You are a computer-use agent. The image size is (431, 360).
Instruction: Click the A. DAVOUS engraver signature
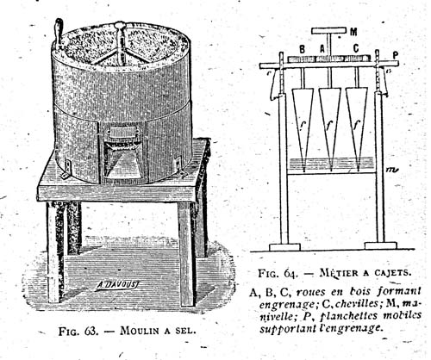coord(116,285)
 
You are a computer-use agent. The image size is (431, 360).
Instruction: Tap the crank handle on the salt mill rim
coord(59,33)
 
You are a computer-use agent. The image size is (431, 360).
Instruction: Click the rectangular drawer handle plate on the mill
coord(124,133)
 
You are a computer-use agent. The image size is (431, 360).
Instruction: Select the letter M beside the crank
coord(354,32)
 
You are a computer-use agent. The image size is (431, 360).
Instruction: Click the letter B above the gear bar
coord(303,50)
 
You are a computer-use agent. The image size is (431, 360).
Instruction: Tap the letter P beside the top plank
coord(396,56)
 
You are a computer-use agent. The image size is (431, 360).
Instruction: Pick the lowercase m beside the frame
coord(391,170)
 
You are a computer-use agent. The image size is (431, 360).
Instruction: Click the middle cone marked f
coord(330,127)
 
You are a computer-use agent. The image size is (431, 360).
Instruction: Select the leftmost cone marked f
coord(303,127)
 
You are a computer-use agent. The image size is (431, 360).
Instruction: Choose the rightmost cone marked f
coord(357,127)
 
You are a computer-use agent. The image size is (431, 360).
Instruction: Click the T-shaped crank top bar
coord(328,30)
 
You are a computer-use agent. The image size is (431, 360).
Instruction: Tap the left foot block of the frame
coord(284,247)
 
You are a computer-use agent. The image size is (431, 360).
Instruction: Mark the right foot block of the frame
coord(380,245)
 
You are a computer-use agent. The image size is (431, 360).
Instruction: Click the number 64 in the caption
coord(291,273)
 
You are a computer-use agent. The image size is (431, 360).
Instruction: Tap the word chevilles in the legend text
coord(356,303)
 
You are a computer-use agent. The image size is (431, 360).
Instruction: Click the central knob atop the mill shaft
coord(119,25)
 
